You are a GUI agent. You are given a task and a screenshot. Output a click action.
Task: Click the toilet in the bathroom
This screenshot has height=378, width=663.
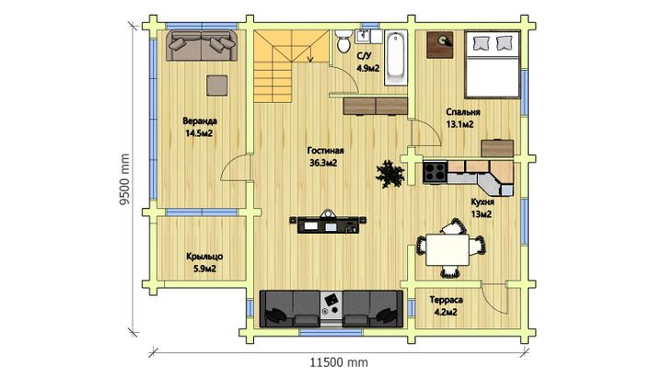coord(342,41)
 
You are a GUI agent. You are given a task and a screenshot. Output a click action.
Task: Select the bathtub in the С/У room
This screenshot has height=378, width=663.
coord(396,58)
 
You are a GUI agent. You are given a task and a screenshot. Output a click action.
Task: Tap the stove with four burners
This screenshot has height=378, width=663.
coord(435,172)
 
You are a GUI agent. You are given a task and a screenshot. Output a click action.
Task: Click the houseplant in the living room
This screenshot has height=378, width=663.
coord(390,173)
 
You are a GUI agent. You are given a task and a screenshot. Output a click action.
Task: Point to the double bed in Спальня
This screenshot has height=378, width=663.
coord(492,63)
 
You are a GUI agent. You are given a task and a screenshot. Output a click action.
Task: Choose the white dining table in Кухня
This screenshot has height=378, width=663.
coord(448,249)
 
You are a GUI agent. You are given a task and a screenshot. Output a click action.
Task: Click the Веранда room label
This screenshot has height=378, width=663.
coord(200,121)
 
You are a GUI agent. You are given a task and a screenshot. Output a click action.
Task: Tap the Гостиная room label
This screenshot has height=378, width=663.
coord(325,150)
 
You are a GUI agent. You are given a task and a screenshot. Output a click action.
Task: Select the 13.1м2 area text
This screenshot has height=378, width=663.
coord(459,124)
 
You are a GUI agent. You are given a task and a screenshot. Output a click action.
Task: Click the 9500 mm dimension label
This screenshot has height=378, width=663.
coord(124,178)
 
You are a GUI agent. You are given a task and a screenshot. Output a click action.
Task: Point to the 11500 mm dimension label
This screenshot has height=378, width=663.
coord(339,362)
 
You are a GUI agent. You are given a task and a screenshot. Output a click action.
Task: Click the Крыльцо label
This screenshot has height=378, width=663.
coord(204,257)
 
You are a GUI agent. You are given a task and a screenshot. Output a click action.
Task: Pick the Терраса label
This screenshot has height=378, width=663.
coord(446,300)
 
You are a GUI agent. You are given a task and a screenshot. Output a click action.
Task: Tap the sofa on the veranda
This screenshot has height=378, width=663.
coord(202,45)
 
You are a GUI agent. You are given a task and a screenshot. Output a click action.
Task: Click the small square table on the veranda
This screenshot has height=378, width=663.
coord(217,86)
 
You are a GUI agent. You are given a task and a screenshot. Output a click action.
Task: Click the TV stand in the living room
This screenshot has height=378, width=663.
coord(328,223)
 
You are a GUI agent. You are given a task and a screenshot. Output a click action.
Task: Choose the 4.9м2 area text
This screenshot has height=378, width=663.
coord(367,68)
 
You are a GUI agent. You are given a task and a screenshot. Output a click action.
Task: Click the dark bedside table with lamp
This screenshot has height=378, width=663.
coord(440,45)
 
